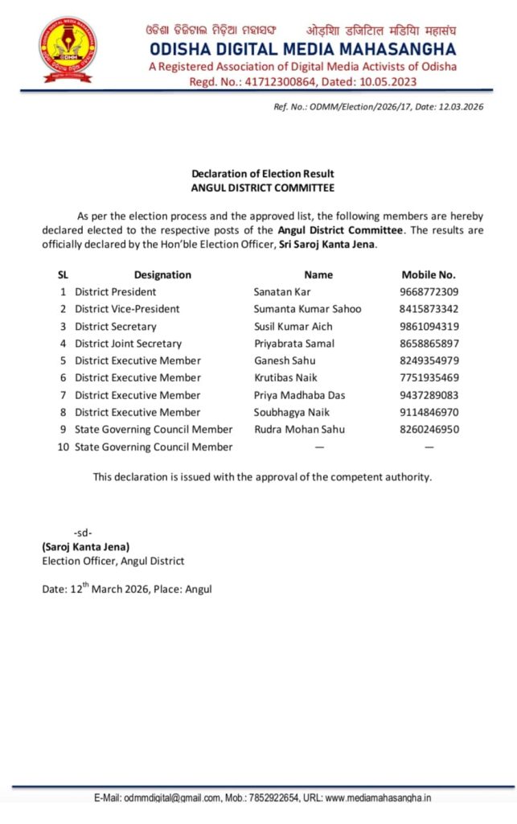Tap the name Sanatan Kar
pyautogui.click(x=282, y=291)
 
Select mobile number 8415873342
pyautogui.click(x=429, y=309)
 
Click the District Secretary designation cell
pyautogui.click(x=116, y=327)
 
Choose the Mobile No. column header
pyautogui.click(x=429, y=274)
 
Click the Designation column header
pyautogui.click(x=162, y=274)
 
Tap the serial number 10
pyautogui.click(x=63, y=447)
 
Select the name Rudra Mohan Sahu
pyautogui.click(x=299, y=430)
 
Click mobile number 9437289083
pyautogui.click(x=429, y=395)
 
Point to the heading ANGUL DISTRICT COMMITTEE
pyautogui.click(x=262, y=187)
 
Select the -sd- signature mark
pyautogui.click(x=83, y=534)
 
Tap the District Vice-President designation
pyautogui.click(x=127, y=309)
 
